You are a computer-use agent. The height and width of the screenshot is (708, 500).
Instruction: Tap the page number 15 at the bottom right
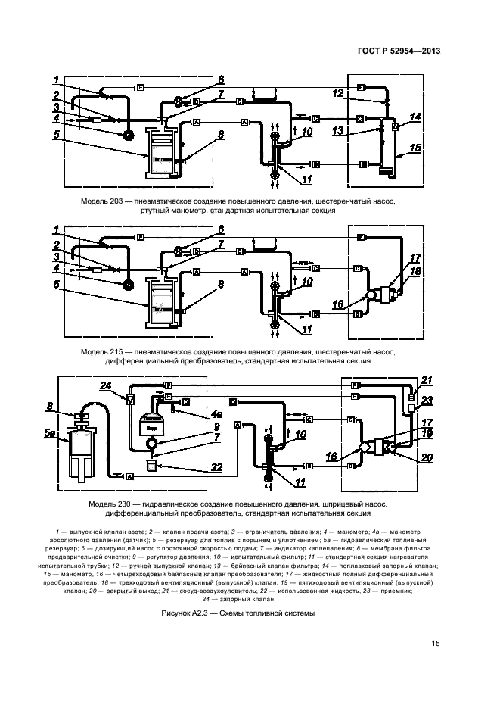[436, 644]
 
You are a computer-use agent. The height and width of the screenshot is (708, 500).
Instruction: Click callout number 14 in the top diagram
[415, 117]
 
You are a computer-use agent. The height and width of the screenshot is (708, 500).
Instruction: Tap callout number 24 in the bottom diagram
[105, 385]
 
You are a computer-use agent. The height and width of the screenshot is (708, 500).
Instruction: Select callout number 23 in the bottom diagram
[426, 401]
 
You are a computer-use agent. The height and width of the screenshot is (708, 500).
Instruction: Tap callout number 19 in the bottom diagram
[427, 434]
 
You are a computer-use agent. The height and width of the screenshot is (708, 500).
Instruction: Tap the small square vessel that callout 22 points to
[154, 466]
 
